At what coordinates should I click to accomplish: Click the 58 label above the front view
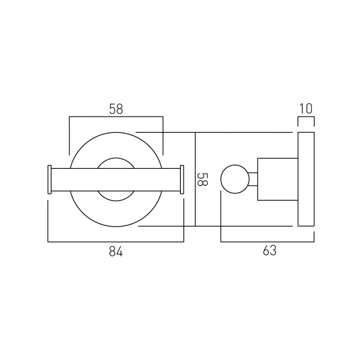(116, 109)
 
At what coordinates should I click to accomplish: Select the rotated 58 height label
(203, 179)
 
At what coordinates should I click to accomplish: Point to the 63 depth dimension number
(269, 251)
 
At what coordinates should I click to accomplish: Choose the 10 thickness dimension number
(306, 109)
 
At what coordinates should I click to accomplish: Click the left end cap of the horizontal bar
(50, 180)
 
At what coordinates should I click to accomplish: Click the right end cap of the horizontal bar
(182, 180)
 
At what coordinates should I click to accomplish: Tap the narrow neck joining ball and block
(253, 179)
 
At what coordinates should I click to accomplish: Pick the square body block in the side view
(277, 179)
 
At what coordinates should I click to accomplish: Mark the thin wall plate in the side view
(306, 179)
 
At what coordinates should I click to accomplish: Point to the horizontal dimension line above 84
(116, 242)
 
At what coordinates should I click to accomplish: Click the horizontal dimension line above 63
(267, 242)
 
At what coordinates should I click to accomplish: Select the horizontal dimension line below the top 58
(116, 117)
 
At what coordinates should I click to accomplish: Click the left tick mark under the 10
(298, 122)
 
